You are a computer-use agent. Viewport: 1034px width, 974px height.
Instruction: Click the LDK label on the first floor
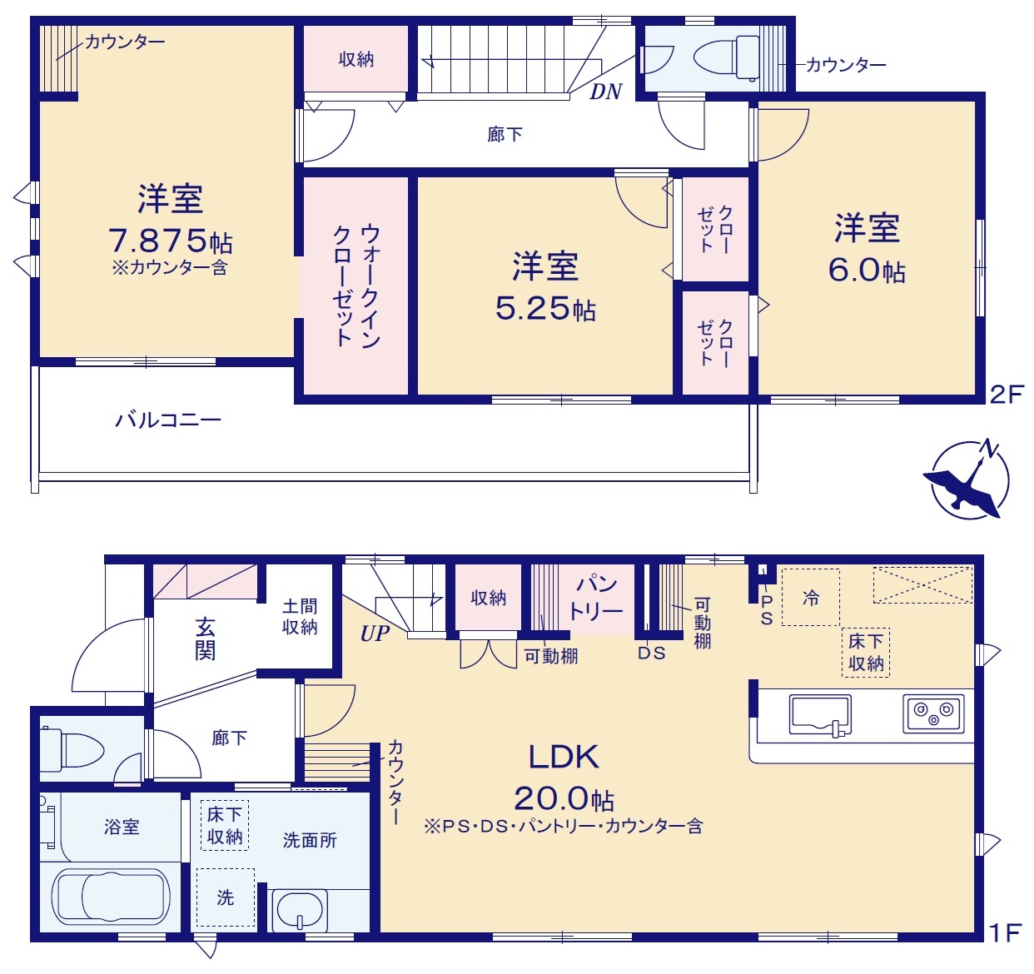coord(564,757)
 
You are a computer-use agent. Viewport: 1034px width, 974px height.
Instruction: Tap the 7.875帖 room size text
coord(170,241)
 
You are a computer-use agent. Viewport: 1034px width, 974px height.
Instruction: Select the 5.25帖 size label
coord(545,308)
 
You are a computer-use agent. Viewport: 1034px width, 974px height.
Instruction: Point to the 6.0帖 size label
coord(867,271)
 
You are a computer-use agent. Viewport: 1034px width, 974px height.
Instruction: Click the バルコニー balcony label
coord(168,420)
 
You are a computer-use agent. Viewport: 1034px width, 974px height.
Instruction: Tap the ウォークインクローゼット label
coord(356,286)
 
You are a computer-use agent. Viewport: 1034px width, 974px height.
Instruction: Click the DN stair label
coord(605,92)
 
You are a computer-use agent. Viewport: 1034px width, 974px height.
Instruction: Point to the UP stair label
coord(375,634)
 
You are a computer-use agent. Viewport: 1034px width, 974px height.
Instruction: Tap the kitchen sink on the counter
coord(820,715)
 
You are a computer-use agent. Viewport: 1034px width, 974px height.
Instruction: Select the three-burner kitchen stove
coord(933,714)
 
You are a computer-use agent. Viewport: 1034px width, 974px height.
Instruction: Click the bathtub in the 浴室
coord(111,897)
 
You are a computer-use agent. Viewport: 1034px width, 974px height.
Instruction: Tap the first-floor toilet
coord(73,750)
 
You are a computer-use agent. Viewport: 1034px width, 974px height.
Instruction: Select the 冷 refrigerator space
coord(811,598)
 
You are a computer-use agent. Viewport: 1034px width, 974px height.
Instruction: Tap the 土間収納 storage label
coord(300,617)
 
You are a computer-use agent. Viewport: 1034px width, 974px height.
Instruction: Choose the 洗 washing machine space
coord(226,897)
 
